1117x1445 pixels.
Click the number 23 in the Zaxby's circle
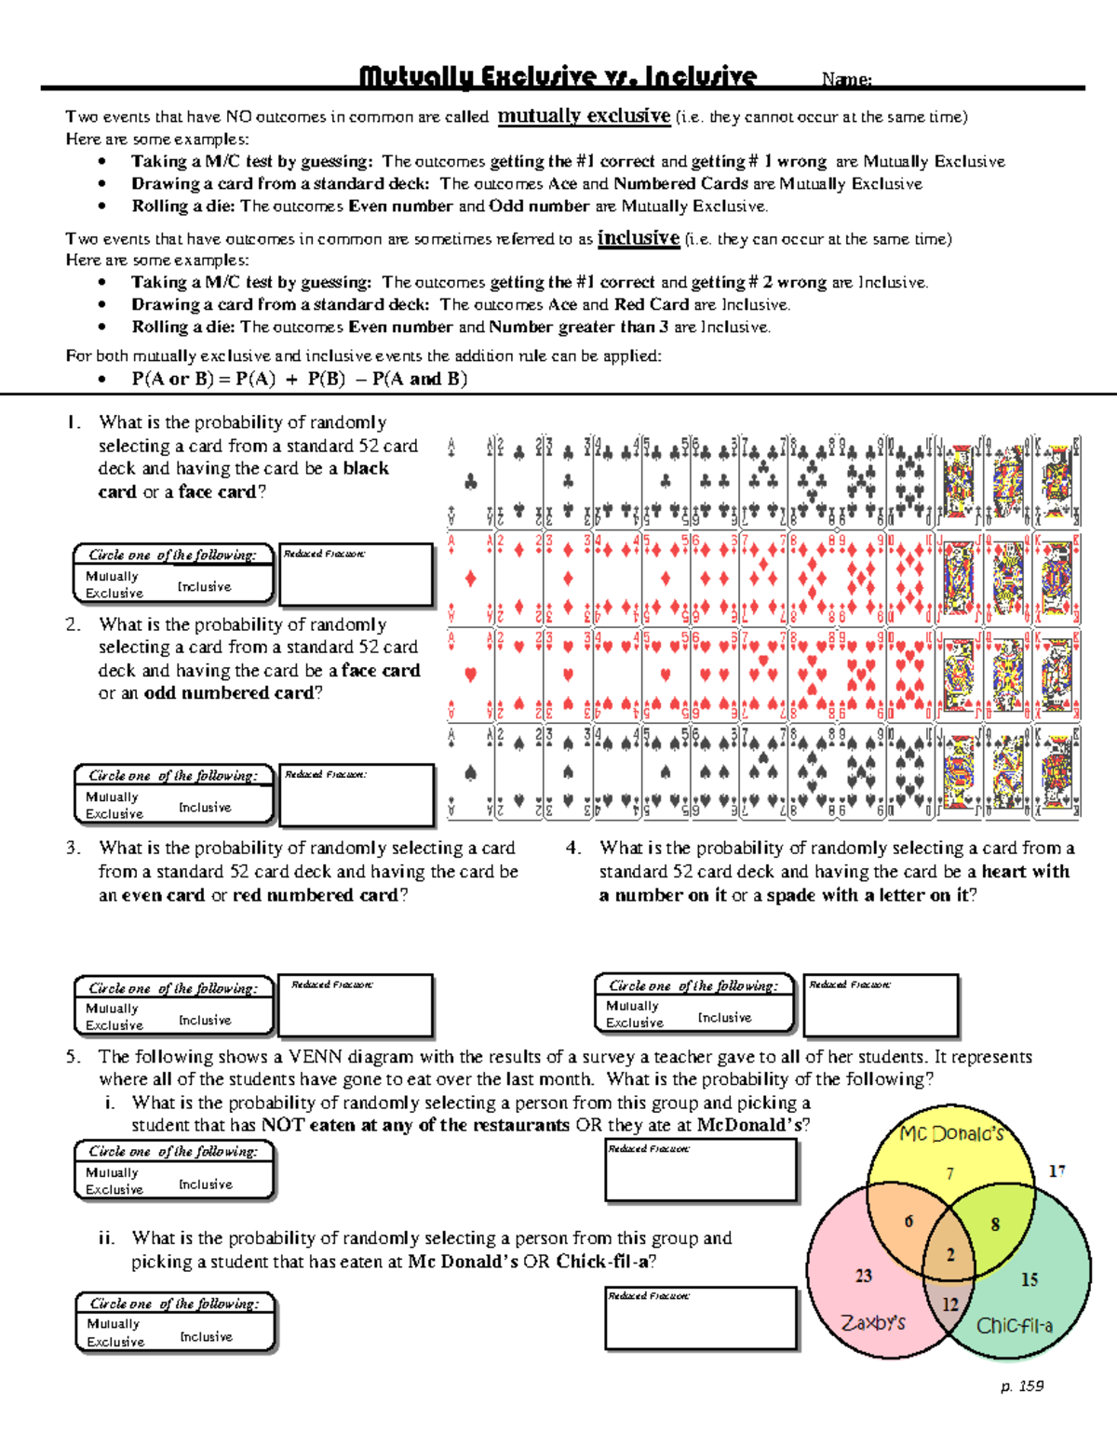[x=863, y=1276]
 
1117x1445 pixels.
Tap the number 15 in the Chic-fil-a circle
[x=1029, y=1279]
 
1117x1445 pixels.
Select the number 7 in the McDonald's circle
[x=949, y=1174]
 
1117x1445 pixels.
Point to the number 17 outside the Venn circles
[x=1056, y=1171]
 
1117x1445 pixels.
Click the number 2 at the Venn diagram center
[x=950, y=1254]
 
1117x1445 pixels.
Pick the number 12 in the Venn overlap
[x=949, y=1305]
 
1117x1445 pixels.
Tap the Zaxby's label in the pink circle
[x=872, y=1322]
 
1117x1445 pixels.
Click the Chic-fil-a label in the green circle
[x=1014, y=1326]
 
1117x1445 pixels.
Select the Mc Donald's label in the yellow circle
[x=951, y=1133]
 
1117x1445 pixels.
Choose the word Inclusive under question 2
[x=205, y=808]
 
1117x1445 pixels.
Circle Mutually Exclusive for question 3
[x=114, y=1017]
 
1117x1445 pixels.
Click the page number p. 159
[x=1022, y=1386]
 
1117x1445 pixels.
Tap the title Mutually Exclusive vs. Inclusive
[x=558, y=76]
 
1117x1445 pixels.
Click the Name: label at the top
[x=846, y=81]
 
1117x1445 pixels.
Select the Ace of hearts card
[x=470, y=674]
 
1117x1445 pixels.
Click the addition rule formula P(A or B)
[x=299, y=379]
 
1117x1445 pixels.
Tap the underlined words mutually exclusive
[x=584, y=116]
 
